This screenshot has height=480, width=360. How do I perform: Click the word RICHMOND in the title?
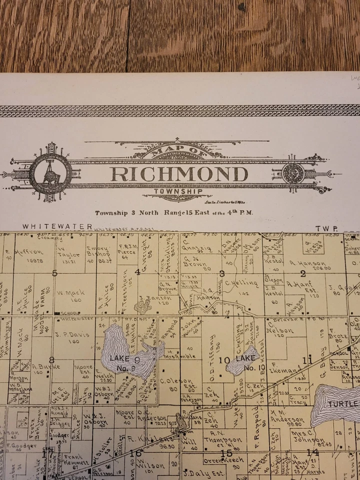[x=179, y=174]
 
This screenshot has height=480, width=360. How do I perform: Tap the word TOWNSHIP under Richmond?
[x=171, y=191]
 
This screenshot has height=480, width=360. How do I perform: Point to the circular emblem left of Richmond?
[x=50, y=173]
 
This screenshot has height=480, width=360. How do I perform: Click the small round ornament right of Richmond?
[x=292, y=173]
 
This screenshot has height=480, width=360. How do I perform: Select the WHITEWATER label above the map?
[x=57, y=226]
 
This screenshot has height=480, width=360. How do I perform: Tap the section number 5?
[x=55, y=272]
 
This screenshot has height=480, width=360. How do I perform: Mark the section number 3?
[x=221, y=272]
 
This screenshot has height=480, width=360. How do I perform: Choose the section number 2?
[x=303, y=272]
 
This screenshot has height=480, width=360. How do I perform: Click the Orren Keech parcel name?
[x=223, y=460]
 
